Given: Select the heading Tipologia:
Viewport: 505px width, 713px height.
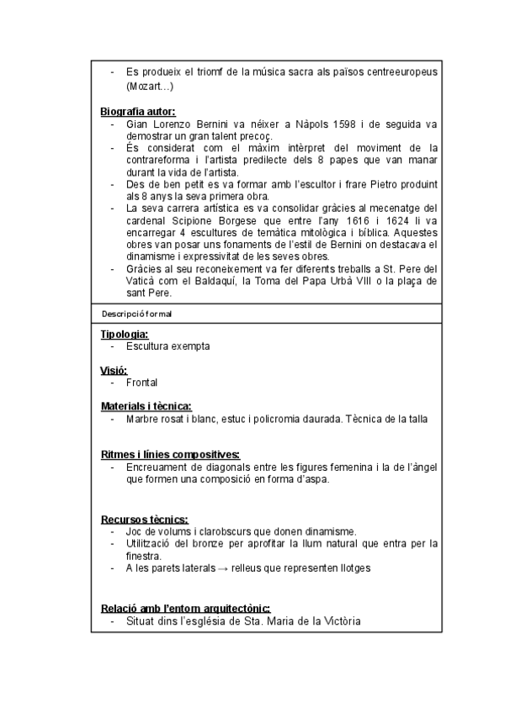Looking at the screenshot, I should coord(125,334).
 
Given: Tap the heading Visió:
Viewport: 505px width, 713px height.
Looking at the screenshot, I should coord(114,370).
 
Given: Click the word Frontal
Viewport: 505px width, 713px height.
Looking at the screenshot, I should coord(142,383).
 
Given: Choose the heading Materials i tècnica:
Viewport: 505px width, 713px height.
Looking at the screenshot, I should coord(146,406).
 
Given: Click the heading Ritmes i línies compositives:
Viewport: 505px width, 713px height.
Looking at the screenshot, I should coord(170,454).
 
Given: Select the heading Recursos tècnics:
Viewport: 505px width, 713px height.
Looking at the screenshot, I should coord(144,519).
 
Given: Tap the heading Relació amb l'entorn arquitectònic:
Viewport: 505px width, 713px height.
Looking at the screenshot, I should coord(185,609).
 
